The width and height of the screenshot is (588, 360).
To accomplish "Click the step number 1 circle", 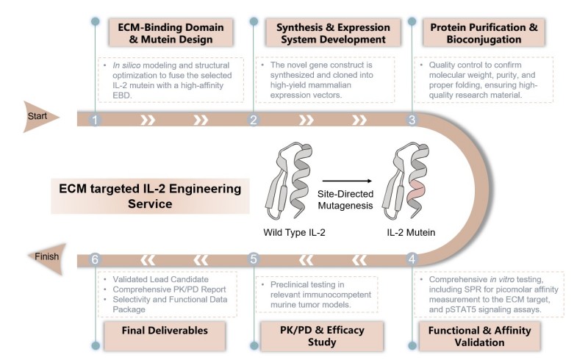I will [x=95, y=120].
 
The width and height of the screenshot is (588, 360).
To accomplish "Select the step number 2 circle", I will [x=254, y=120].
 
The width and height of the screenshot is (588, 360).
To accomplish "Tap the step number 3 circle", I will [x=412, y=120].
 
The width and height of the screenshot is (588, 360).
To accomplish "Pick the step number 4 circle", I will [x=412, y=259].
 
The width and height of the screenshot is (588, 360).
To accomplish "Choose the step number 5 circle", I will [x=254, y=259].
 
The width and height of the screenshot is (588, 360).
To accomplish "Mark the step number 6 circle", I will [x=95, y=259].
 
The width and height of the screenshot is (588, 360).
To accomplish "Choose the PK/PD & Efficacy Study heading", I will [x=324, y=335].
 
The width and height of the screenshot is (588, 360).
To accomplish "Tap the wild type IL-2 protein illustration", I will [x=293, y=184].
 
